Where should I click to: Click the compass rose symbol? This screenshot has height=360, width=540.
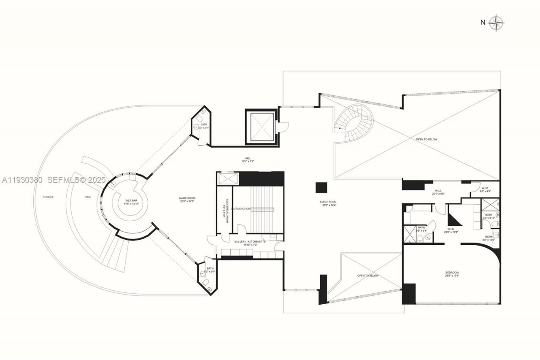(497, 23)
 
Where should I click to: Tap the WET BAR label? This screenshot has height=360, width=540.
(130, 201)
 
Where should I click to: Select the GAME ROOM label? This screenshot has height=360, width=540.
(187, 200)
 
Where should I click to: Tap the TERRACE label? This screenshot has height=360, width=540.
(48, 197)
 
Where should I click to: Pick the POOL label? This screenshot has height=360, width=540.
(88, 197)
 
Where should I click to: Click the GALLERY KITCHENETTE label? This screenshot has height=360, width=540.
(250, 242)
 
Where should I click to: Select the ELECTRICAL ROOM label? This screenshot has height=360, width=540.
(227, 211)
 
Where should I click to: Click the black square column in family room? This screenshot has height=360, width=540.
(321, 187)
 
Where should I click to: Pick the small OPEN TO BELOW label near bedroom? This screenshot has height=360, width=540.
(368, 276)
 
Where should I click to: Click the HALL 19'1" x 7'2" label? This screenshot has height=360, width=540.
(247, 160)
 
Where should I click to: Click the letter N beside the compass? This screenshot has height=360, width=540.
(483, 23)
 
